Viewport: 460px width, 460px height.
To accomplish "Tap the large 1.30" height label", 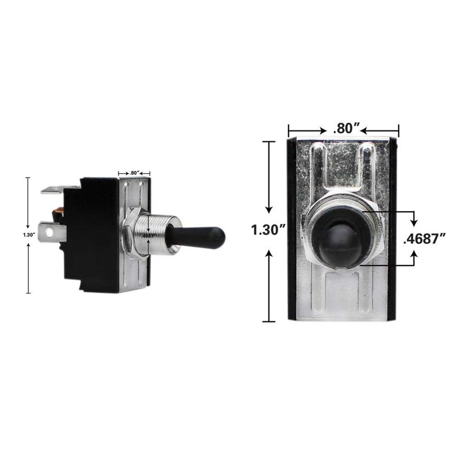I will coord(270,230).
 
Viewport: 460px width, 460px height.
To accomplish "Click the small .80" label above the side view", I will coord(134,172).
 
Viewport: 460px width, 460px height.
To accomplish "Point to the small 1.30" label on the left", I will coord(28,235).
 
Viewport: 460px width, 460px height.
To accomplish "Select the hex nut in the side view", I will coord(130,235).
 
